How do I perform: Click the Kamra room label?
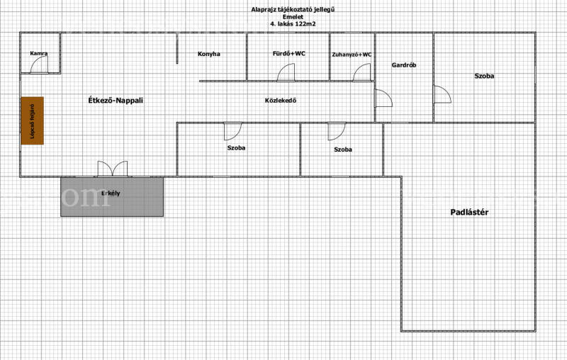click(x=39, y=53)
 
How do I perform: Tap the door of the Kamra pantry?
click(x=39, y=64)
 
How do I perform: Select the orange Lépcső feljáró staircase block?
click(x=32, y=120)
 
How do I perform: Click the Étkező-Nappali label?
click(x=116, y=101)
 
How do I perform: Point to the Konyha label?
click(x=209, y=54)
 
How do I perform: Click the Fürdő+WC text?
click(x=289, y=53)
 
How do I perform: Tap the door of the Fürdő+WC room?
click(x=286, y=72)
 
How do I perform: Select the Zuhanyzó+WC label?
click(x=352, y=55)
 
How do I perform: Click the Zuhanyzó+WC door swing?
click(x=361, y=72)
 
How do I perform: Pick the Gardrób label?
click(x=404, y=65)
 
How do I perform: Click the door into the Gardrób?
click(x=383, y=98)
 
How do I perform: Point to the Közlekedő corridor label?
click(x=281, y=101)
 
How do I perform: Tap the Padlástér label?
click(x=469, y=212)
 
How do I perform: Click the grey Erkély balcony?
click(x=112, y=197)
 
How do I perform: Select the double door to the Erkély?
click(x=113, y=169)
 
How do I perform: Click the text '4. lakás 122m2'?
click(x=293, y=24)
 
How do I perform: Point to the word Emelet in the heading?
click(x=293, y=16)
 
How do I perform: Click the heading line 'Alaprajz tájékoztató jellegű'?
click(x=293, y=9)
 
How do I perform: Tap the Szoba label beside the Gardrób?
click(x=484, y=76)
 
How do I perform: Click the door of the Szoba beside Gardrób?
click(x=442, y=94)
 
